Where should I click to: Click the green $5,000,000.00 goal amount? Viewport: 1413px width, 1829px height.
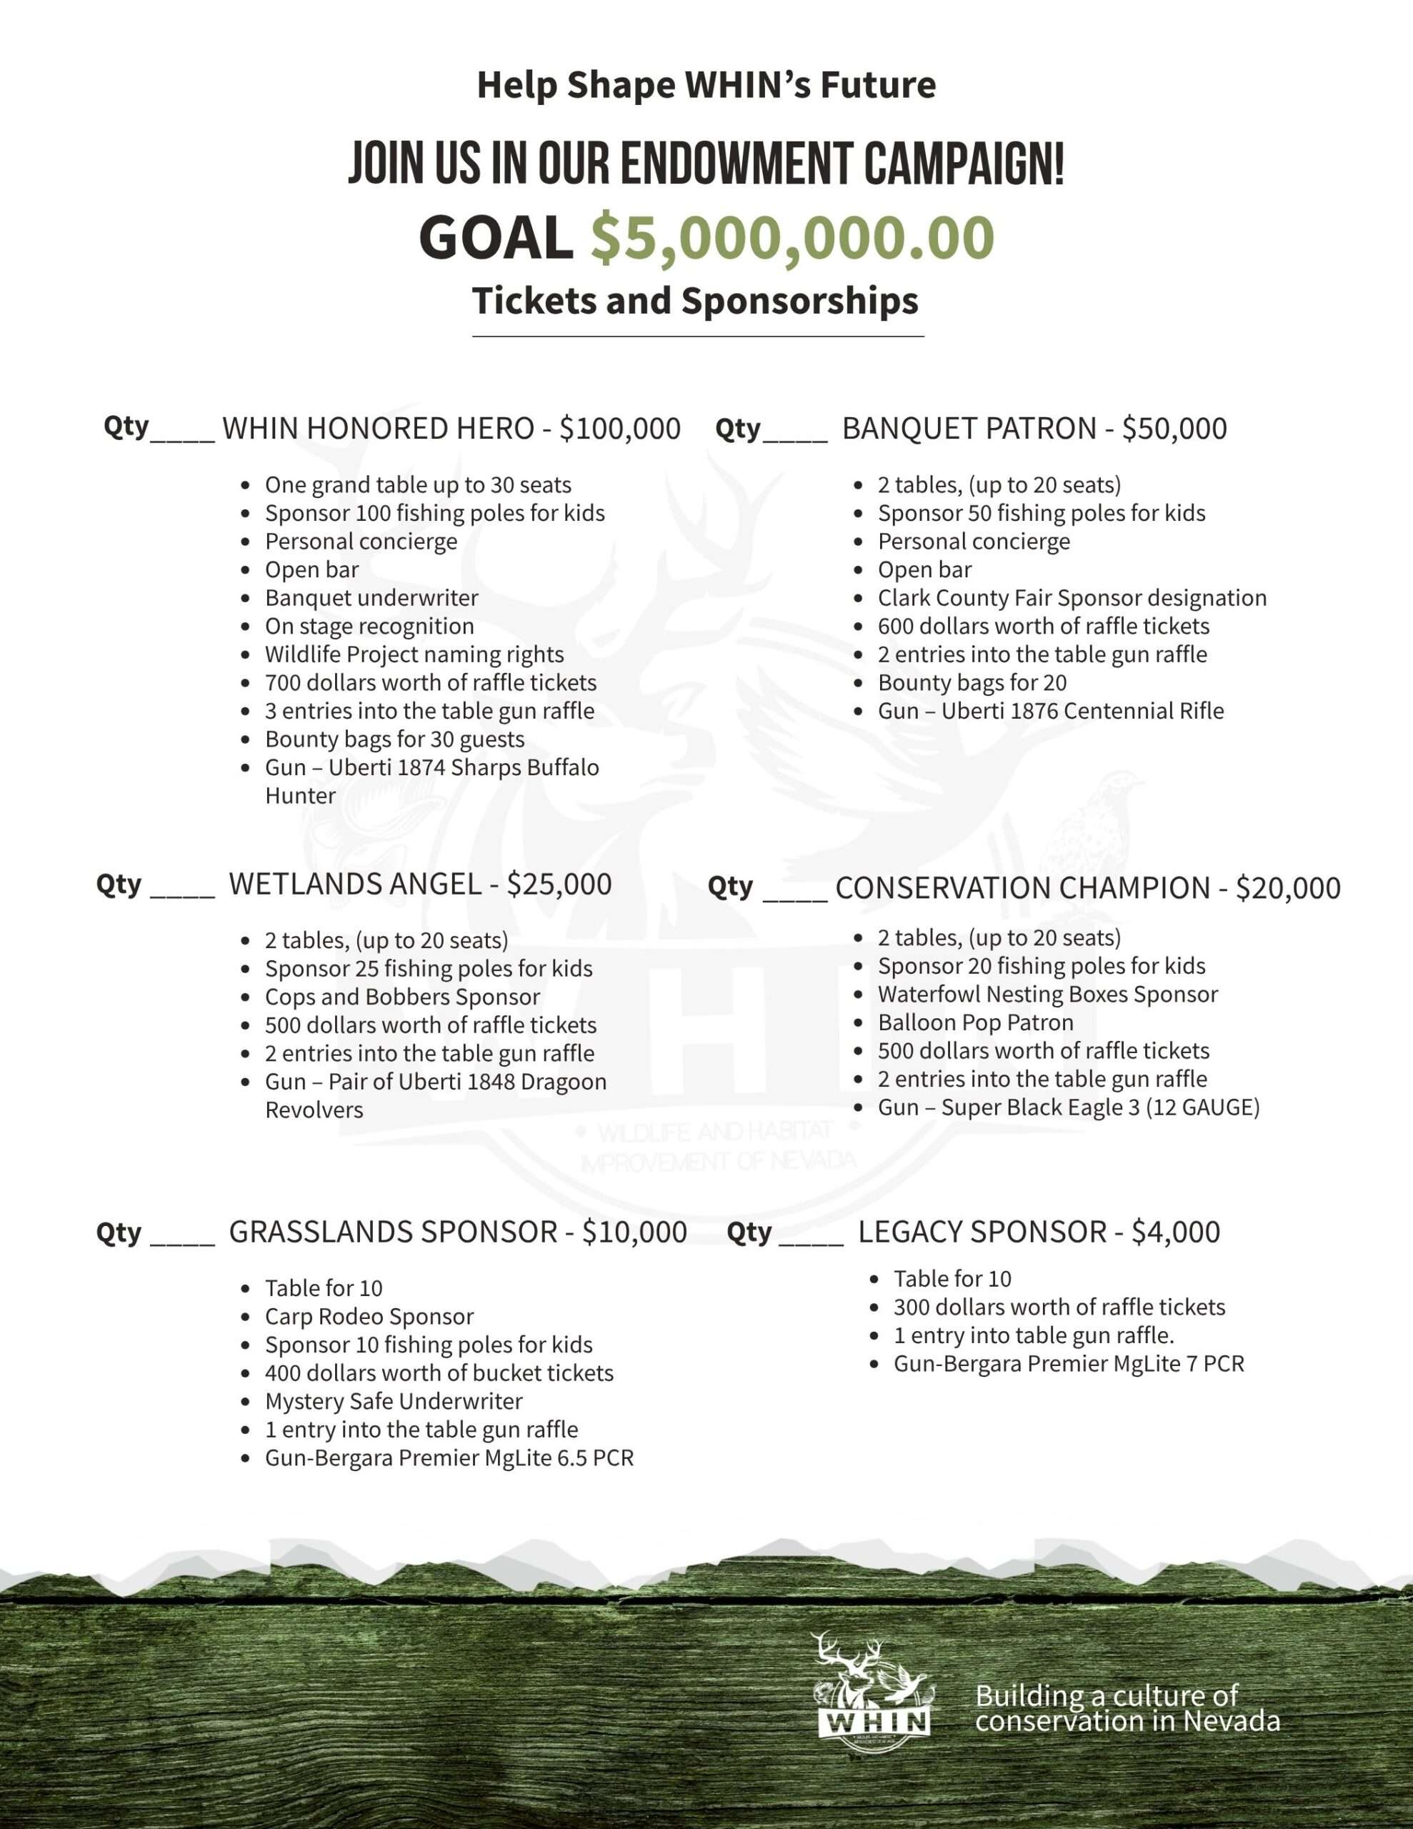(792, 238)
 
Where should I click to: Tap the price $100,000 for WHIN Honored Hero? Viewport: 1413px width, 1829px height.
(620, 429)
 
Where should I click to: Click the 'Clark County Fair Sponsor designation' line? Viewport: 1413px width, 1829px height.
(1072, 598)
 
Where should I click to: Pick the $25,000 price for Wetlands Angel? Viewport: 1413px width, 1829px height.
(559, 884)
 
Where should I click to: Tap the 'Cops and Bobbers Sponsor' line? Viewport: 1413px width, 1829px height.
(402, 997)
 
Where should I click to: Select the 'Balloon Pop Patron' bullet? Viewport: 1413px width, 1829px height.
(975, 1022)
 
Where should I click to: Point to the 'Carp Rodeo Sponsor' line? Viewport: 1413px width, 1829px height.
(369, 1317)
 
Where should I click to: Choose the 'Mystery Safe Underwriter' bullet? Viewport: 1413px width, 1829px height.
(393, 1401)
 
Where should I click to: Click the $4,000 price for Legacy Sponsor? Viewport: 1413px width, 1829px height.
(1175, 1232)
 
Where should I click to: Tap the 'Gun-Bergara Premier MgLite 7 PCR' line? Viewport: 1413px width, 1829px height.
(1068, 1363)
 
